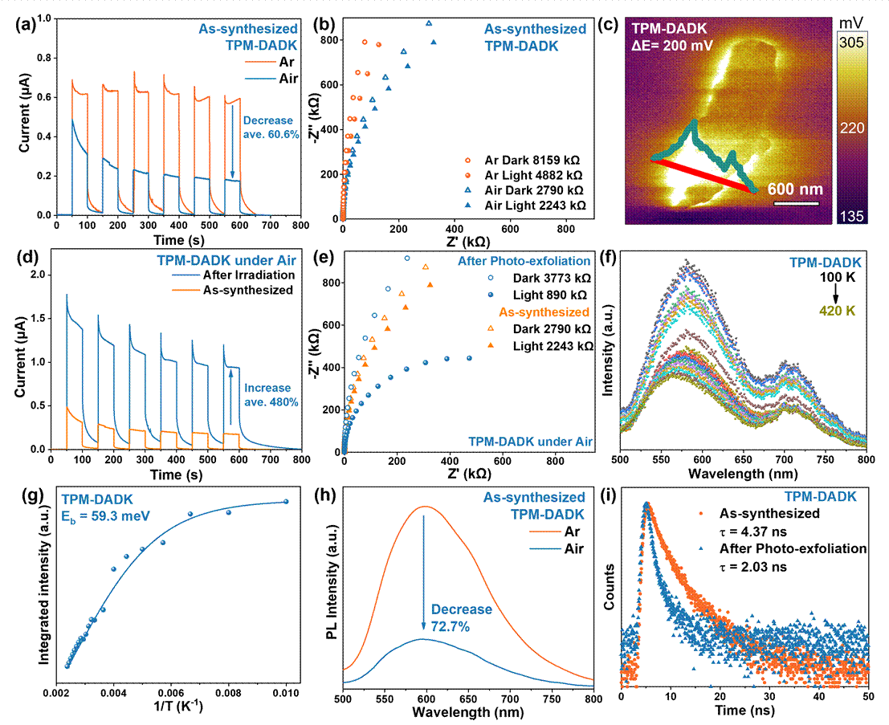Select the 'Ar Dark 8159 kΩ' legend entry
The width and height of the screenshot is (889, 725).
(531, 159)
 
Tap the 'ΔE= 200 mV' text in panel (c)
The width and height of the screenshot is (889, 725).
(675, 46)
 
